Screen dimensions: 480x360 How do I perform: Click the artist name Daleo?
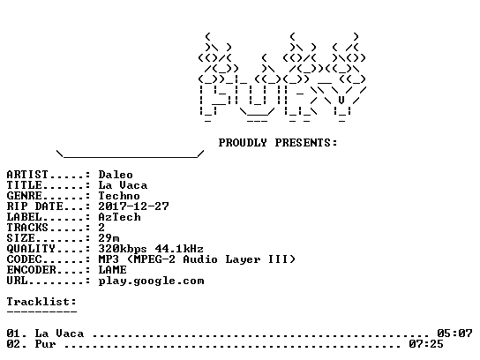(116, 175)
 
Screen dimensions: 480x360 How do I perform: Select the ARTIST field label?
(27, 175)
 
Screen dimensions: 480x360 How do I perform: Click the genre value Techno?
(119, 196)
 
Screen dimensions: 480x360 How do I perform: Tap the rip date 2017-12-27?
(133, 206)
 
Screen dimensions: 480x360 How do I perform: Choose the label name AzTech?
(119, 217)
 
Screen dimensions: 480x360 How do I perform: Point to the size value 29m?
(109, 238)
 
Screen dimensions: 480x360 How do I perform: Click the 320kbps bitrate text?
(123, 249)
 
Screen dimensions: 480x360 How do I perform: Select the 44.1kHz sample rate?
(179, 249)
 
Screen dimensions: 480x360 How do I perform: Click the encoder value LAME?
(112, 270)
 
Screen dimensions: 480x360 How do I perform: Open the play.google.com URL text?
(151, 281)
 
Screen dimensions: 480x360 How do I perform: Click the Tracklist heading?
(41, 302)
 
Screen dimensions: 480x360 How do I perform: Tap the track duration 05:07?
(454, 334)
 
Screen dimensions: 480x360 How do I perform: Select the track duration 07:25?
(426, 344)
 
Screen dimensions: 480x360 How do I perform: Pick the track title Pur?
(45, 344)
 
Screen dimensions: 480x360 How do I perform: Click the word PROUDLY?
(243, 143)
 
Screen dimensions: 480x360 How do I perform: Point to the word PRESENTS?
(306, 143)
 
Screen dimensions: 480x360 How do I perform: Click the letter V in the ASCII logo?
(341, 100)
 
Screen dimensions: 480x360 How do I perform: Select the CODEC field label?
(24, 259)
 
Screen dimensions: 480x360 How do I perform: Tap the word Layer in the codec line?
(243, 260)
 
